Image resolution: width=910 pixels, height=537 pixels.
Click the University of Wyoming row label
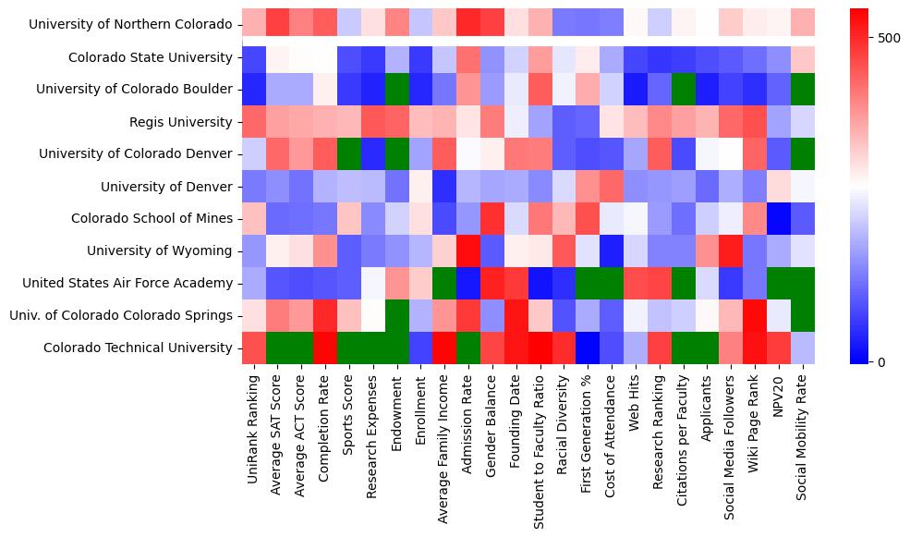coord(160,250)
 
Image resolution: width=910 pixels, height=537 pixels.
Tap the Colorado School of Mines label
coord(152,218)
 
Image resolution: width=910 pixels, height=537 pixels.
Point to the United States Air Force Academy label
coord(127,283)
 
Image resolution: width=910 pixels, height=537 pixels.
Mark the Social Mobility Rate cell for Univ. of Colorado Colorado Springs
coord(803,315)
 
